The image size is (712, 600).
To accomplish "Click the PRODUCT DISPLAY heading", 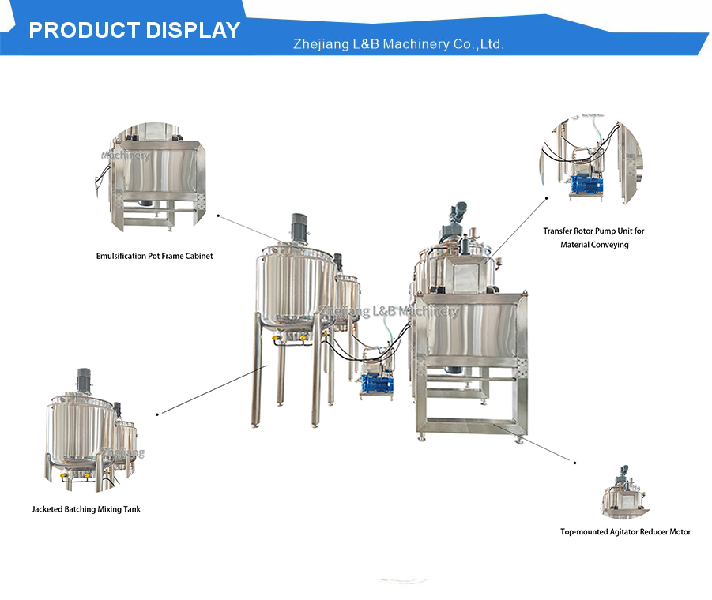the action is click(x=134, y=30).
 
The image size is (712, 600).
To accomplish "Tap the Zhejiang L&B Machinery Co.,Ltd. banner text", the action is click(x=398, y=44).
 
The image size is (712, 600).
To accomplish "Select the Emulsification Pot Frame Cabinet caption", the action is click(x=154, y=256).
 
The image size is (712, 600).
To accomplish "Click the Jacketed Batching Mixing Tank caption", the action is click(x=86, y=509).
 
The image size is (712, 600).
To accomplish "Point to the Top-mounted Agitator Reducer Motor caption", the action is click(x=625, y=531).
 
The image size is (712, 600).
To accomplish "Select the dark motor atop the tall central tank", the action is click(x=299, y=227).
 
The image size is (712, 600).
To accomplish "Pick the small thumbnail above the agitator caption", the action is click(x=625, y=492).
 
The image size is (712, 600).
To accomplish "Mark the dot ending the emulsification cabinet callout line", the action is click(x=218, y=216).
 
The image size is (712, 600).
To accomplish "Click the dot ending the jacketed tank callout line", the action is click(x=157, y=414).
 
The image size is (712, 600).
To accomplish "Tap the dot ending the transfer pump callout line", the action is click(x=546, y=198).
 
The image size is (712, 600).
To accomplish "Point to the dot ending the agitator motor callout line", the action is click(x=574, y=463).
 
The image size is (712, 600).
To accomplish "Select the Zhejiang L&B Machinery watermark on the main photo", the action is click(x=389, y=310).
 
